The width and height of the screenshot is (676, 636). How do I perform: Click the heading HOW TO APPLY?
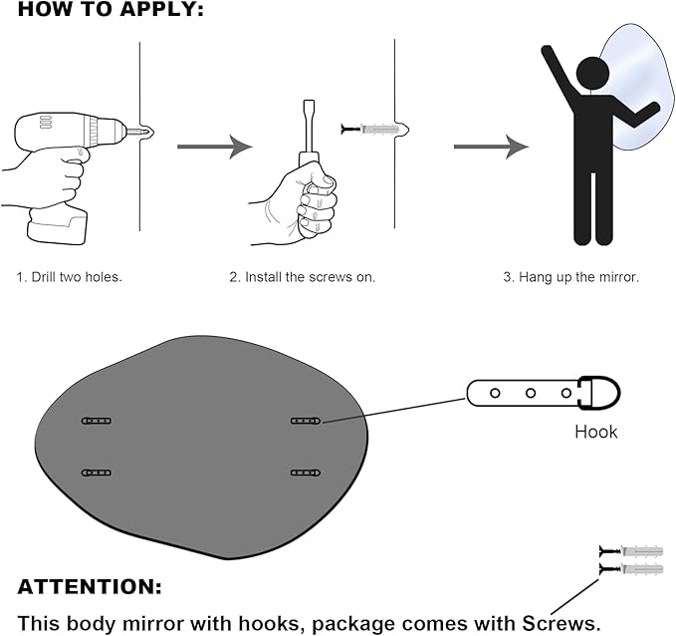point(111,11)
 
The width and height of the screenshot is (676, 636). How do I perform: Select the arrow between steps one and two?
point(214,147)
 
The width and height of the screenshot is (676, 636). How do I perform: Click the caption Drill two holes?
point(69,276)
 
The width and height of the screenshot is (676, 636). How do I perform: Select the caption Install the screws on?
point(303,276)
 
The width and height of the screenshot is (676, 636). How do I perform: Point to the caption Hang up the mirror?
point(570,276)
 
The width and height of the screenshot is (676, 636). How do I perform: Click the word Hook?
point(595,432)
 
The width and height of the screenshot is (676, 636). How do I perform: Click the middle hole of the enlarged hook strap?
point(531,392)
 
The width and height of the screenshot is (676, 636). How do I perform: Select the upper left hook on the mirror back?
point(96,421)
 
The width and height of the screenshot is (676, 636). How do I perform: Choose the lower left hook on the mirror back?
point(96,473)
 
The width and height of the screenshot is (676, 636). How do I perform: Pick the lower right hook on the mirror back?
point(306,473)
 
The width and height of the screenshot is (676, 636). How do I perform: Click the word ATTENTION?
point(90,587)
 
